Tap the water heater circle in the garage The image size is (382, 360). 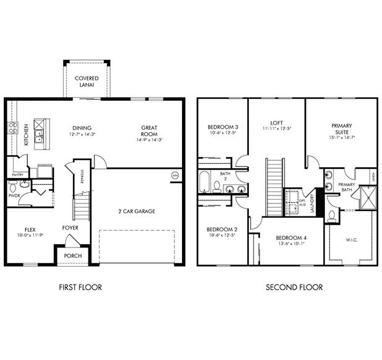click(x=175, y=175)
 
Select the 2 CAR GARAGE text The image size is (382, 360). click(x=137, y=212)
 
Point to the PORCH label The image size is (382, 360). click(x=73, y=255)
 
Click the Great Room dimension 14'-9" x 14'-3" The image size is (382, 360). click(x=149, y=140)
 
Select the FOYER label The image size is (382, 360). click(x=70, y=227)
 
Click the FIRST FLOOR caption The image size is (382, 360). click(x=80, y=287)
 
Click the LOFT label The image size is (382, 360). click(x=277, y=122)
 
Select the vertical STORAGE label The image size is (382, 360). click(x=82, y=178)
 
